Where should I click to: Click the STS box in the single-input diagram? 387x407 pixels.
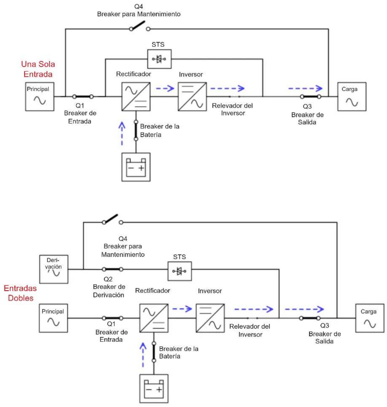coord(159,59)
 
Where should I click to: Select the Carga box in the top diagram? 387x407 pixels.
coord(352,96)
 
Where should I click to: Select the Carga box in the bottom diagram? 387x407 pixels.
coord(370,318)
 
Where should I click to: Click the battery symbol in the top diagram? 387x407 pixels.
coord(136,167)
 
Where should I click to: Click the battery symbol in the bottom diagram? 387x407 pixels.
coord(154,389)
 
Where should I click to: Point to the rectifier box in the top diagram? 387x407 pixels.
coord(136,96)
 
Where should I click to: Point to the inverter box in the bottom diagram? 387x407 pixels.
coord(210,318)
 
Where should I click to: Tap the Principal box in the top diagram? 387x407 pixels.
coord(40,96)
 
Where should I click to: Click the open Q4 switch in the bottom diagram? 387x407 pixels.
coord(113,219)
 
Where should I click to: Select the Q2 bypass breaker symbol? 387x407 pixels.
coord(113,269)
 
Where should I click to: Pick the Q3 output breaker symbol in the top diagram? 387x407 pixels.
coord(310,96)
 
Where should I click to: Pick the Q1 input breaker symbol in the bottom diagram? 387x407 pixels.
coord(113,318)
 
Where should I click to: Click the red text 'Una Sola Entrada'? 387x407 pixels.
coord(38,69)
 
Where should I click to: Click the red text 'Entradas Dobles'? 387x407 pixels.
coord(20,293)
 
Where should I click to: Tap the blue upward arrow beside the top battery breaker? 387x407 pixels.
coord(122,133)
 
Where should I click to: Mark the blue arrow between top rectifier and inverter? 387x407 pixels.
coord(165,89)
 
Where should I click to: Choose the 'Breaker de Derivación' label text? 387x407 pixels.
coord(109,291)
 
